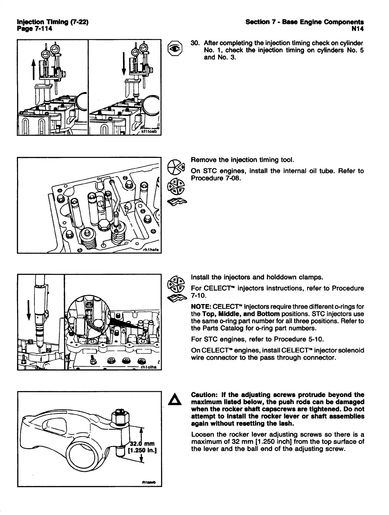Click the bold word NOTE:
point(201,307)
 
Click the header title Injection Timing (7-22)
point(52,22)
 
